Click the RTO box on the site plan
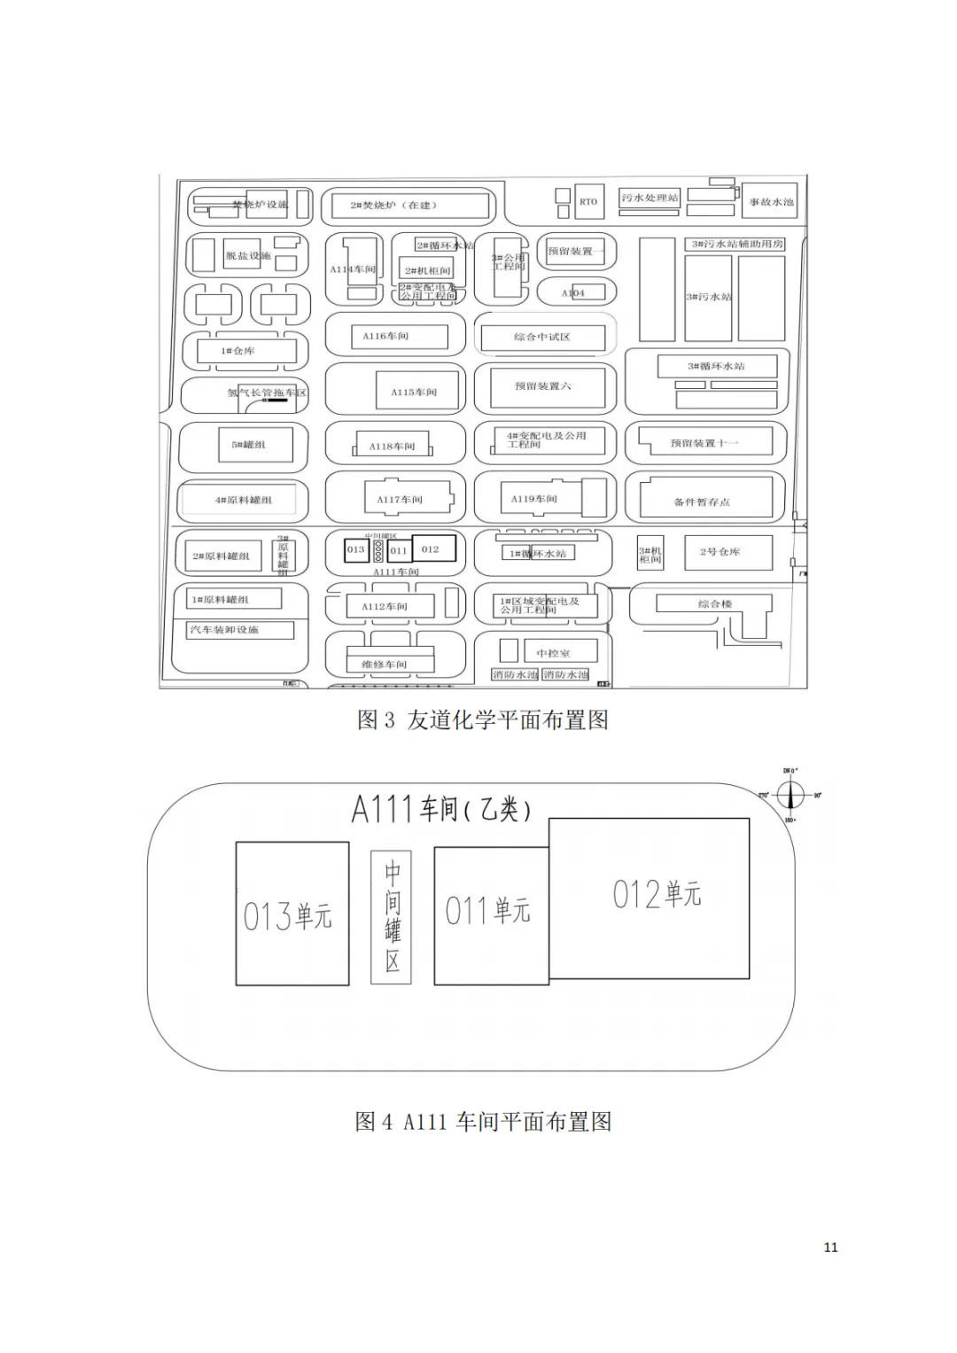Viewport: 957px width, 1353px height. [588, 202]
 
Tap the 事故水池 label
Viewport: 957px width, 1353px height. [771, 202]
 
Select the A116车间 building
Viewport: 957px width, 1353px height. [386, 337]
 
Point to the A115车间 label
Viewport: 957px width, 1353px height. [414, 392]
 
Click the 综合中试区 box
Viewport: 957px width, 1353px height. [542, 337]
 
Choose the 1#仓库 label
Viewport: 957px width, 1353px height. [237, 351]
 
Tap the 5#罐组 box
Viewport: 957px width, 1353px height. [248, 445]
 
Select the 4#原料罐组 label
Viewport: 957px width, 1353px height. [243, 500]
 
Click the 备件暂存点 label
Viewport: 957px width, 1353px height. [702, 502]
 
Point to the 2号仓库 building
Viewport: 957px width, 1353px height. [720, 552]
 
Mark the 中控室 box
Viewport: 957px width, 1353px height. [553, 653]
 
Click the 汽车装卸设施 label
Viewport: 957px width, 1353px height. [224, 630]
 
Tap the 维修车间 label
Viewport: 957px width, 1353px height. [384, 664]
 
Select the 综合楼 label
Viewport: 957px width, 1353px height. [714, 603]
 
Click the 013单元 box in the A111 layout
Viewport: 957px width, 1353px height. [292, 914]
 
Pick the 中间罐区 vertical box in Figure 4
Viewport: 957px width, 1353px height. [392, 917]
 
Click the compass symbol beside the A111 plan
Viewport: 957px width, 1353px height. [790, 796]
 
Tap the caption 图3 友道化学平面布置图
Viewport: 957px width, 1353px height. [482, 719]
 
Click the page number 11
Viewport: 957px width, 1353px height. [830, 1247]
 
